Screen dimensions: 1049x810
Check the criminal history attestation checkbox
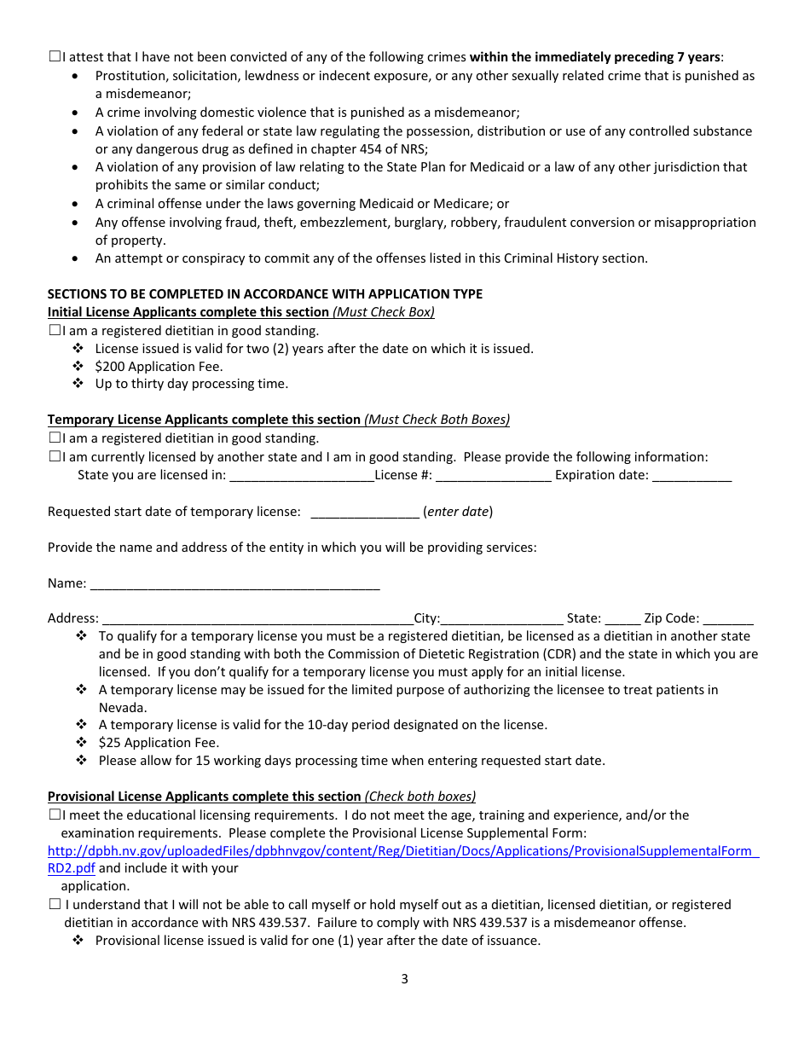click(x=55, y=57)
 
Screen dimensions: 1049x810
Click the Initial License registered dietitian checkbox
click(x=55, y=330)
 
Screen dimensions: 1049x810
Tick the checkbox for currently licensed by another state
click(x=55, y=456)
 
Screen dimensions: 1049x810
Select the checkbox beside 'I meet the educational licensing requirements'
click(x=55, y=814)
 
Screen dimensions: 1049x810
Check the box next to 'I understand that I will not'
click(x=55, y=904)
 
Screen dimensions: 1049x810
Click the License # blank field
click(x=493, y=476)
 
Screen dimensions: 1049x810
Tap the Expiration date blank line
click(x=691, y=476)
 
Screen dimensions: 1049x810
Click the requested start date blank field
click(x=365, y=513)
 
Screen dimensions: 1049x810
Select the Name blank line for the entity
click(x=234, y=584)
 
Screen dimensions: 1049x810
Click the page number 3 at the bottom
click(x=404, y=979)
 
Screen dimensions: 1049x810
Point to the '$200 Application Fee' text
click(x=159, y=367)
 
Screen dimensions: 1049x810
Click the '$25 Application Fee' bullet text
click(x=159, y=743)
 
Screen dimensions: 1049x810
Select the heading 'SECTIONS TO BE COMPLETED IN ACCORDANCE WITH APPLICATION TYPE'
click(x=264, y=294)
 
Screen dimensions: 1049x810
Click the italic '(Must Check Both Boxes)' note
click(x=437, y=420)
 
